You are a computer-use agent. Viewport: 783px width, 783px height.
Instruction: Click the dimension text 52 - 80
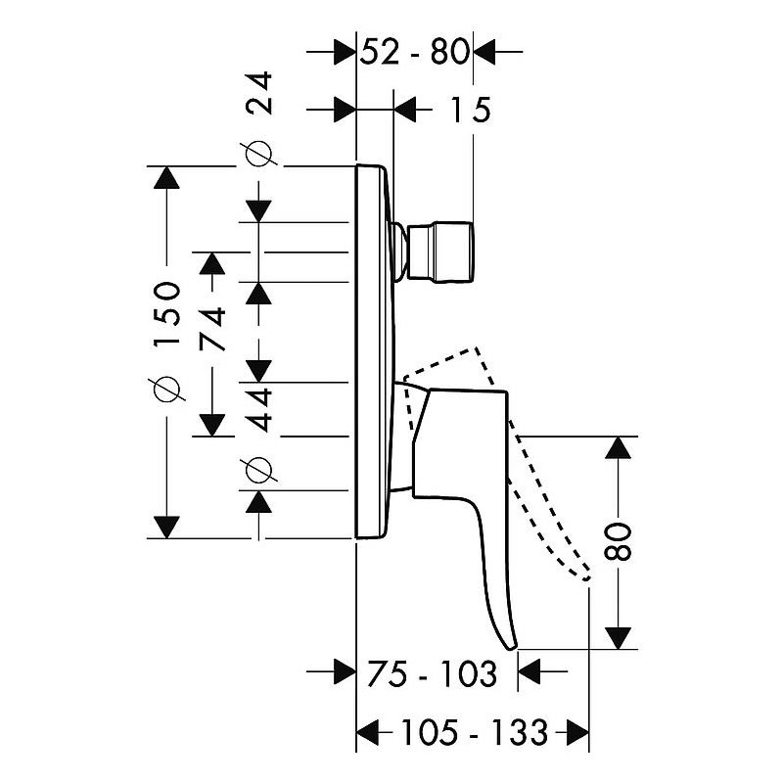coord(414,52)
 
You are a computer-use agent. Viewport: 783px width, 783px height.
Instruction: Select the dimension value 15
coord(471,110)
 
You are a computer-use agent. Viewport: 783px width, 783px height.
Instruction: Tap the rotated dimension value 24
coord(259,93)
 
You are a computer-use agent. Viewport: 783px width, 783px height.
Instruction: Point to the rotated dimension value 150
coord(166,313)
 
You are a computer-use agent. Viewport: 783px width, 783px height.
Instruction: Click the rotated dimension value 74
coord(212,329)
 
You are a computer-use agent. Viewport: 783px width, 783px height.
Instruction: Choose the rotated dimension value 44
coord(259,409)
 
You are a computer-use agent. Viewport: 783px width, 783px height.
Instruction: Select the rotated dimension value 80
coord(618,542)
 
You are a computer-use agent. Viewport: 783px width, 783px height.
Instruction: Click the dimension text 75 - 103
coord(432,673)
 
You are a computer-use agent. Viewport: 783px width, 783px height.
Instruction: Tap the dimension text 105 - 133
coord(475,733)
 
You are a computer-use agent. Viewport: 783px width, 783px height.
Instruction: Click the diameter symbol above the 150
coord(166,389)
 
